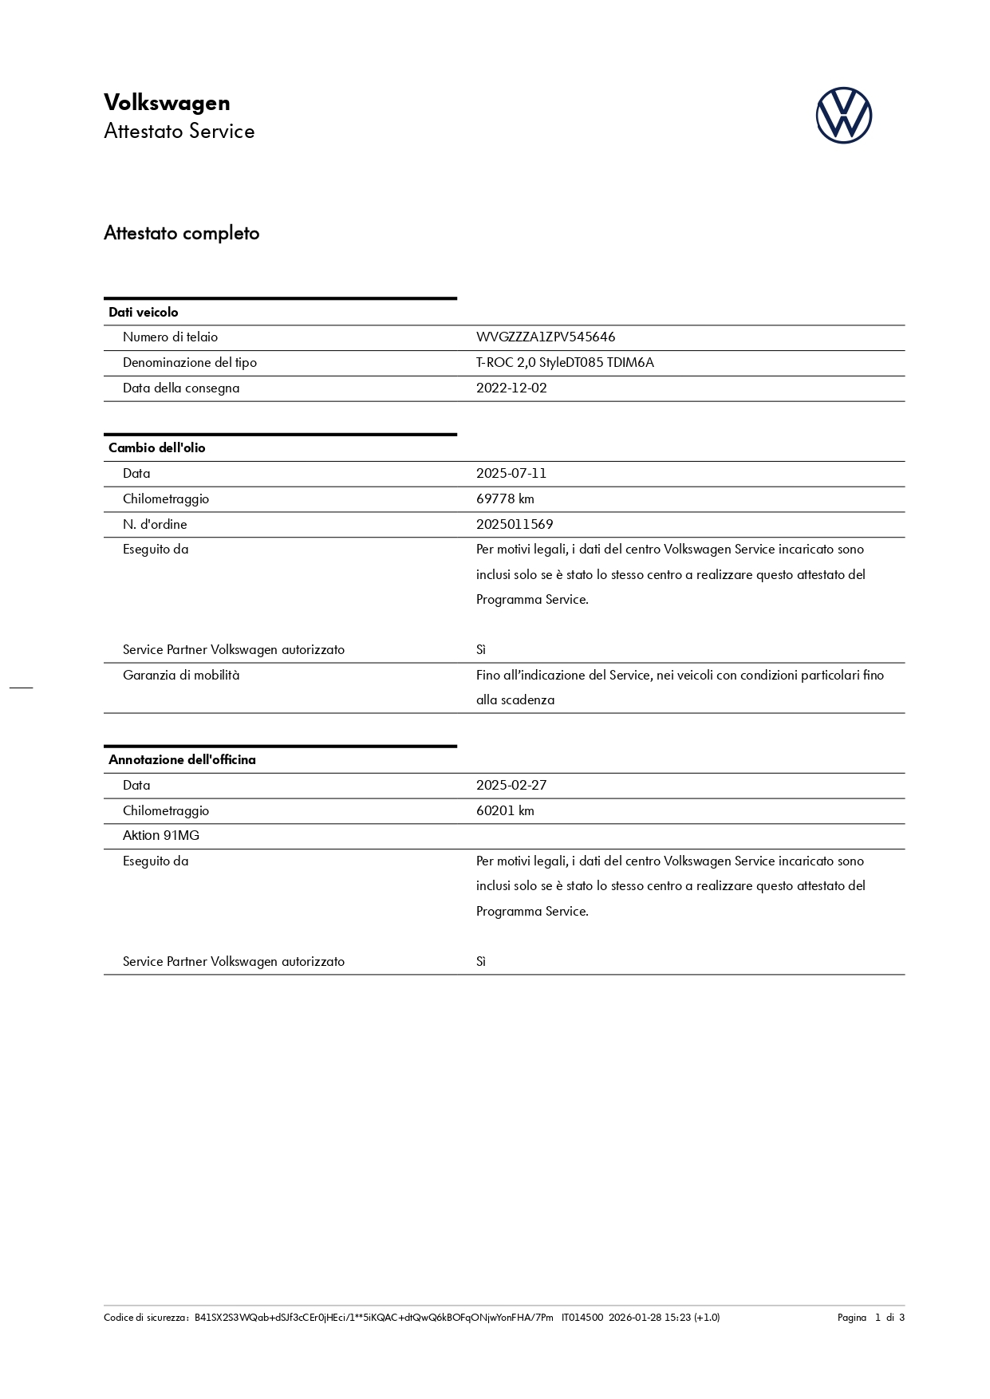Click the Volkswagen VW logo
[x=843, y=116]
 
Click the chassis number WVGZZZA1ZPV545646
[x=546, y=337]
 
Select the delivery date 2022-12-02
[x=511, y=388]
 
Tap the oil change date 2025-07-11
[x=511, y=473]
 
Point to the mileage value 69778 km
[x=505, y=499]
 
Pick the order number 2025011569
[x=515, y=524]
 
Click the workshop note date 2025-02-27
[x=511, y=785]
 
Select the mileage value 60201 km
[x=505, y=810]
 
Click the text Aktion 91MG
[x=161, y=836]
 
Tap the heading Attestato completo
[x=182, y=233]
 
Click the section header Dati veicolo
[x=144, y=312]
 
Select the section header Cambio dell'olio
[x=157, y=447]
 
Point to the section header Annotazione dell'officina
[x=182, y=759]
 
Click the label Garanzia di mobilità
[x=181, y=675]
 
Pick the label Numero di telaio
[x=170, y=337]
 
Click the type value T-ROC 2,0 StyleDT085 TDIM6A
[x=565, y=363]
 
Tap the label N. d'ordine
[x=155, y=524]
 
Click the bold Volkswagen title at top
[x=167, y=102]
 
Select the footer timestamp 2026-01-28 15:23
[x=649, y=1318]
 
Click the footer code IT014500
[x=582, y=1318]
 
